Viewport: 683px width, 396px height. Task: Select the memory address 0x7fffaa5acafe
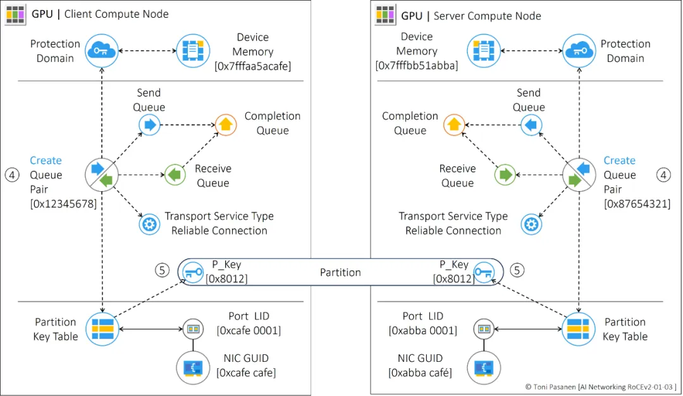coord(253,66)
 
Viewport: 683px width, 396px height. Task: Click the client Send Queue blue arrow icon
coord(149,125)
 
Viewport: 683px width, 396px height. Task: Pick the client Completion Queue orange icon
coord(226,125)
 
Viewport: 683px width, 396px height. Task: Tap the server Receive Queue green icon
coord(505,175)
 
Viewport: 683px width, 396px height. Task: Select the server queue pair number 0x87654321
coord(637,203)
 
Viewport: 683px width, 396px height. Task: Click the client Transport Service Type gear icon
coord(149,224)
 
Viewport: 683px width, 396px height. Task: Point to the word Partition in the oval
coord(340,273)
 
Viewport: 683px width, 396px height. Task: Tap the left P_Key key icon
coord(192,273)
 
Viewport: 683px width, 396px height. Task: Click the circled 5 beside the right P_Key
coord(517,270)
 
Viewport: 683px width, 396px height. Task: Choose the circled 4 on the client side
coord(12,175)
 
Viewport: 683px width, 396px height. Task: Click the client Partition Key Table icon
coord(102,329)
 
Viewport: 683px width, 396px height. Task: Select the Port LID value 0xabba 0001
coord(422,330)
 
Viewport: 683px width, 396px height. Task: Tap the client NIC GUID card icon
coord(192,368)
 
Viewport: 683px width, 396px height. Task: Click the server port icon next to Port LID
coord(484,329)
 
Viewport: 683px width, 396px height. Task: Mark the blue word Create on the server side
coord(619,161)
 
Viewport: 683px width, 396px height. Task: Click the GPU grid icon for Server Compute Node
coord(386,15)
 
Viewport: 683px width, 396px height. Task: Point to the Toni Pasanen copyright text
coord(600,387)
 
